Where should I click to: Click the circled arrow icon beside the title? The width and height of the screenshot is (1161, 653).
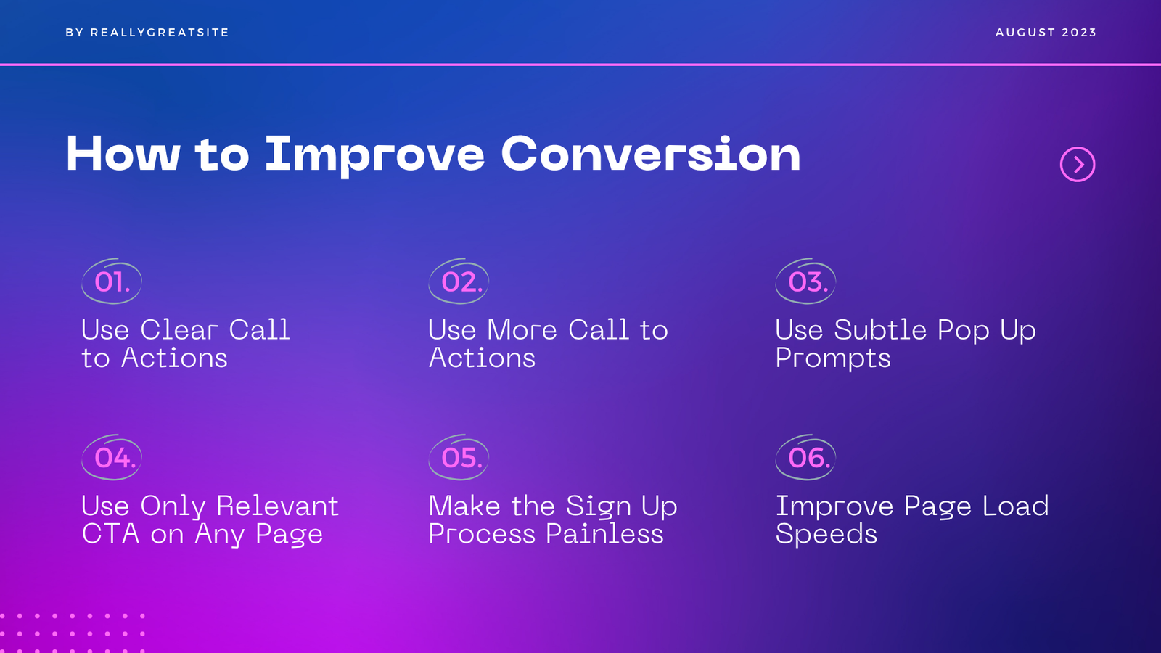click(1078, 164)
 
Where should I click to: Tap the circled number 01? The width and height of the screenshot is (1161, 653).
click(112, 281)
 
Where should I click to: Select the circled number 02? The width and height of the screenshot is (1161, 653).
click(459, 281)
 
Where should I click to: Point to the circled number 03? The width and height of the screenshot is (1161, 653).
click(805, 281)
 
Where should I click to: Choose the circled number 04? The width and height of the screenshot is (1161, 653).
click(112, 457)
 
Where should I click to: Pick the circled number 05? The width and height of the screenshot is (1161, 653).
click(459, 457)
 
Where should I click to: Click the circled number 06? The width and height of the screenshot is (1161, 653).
click(805, 457)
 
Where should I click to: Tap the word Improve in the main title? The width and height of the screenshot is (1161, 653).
click(374, 155)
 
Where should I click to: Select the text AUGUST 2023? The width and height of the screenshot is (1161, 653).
click(1046, 32)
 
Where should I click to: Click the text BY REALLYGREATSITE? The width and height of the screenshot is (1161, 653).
click(147, 32)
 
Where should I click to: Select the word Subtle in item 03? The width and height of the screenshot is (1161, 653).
click(880, 329)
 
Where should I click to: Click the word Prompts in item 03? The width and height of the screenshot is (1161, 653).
click(833, 358)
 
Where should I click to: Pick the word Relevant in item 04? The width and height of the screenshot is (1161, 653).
click(277, 506)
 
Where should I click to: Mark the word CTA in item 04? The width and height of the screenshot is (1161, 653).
click(111, 534)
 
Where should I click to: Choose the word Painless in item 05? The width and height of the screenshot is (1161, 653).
click(604, 534)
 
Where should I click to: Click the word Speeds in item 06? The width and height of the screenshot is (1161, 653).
click(826, 534)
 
